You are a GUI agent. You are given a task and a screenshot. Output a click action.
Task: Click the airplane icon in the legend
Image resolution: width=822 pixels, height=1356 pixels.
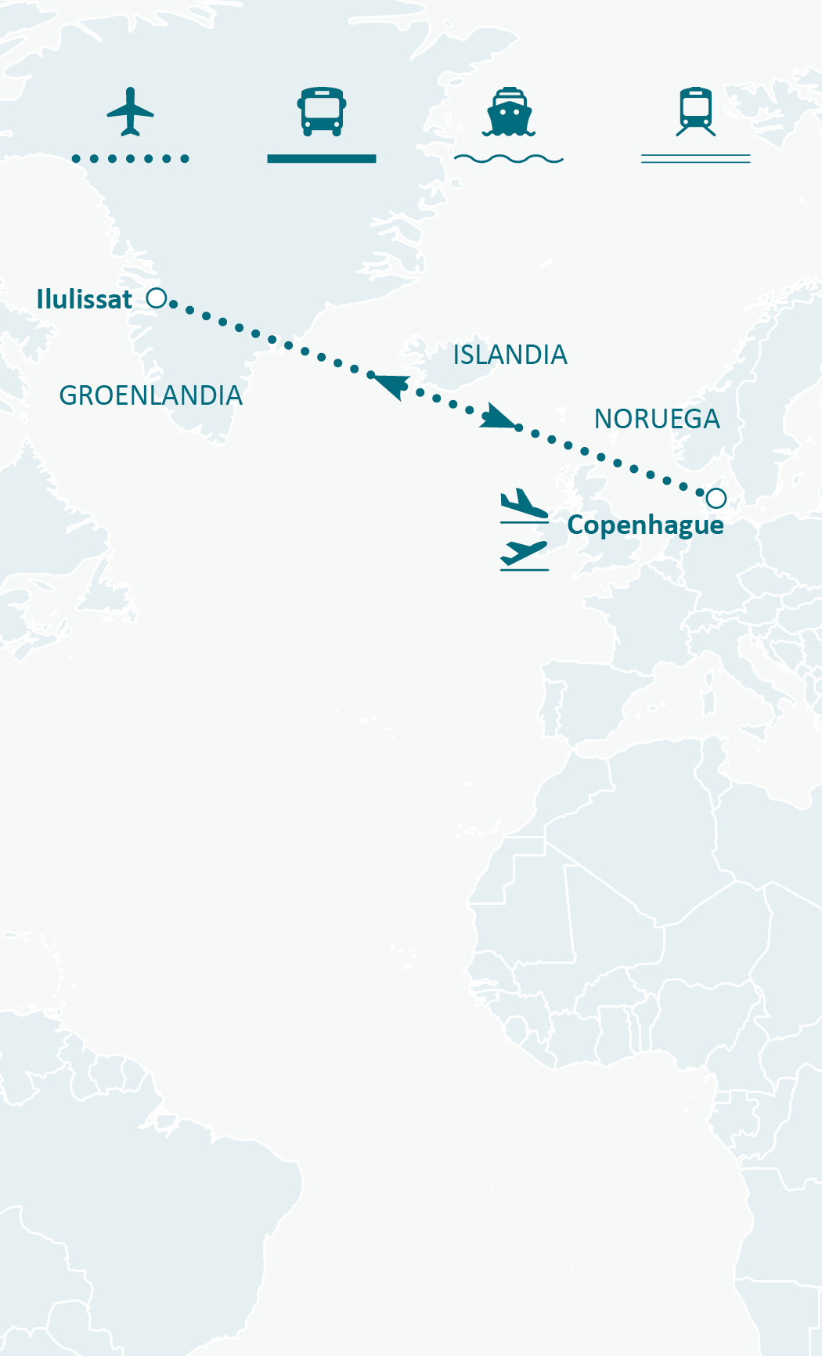point(131,111)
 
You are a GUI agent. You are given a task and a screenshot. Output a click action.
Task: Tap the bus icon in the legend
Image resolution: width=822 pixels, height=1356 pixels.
point(322,111)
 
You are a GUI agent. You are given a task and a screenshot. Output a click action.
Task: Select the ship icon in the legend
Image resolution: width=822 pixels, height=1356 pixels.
point(509,112)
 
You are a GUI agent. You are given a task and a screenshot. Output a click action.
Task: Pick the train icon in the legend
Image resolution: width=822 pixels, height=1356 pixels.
point(696,111)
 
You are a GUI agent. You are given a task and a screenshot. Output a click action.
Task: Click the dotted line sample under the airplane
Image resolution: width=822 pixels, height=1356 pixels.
point(131,159)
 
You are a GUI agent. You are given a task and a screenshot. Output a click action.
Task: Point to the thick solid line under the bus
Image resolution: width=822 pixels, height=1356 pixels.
point(322,159)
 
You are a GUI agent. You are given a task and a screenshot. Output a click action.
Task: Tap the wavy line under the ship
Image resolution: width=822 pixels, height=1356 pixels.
point(509,159)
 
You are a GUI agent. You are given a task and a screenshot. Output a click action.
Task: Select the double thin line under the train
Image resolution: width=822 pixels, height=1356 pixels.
point(696,159)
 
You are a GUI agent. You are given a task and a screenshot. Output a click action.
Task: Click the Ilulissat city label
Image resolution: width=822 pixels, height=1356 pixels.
point(85,299)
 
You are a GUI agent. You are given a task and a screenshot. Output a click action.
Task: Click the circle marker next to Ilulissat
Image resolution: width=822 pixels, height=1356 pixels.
point(157,298)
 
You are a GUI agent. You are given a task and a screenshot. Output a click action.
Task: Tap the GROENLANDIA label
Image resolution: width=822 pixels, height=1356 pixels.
point(151,396)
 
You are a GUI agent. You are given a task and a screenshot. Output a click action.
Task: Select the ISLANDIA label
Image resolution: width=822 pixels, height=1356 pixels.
point(510,355)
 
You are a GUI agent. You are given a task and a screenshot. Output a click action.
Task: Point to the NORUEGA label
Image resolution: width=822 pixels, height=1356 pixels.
point(657,420)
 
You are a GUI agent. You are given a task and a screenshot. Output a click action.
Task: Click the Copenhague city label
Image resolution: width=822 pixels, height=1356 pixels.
point(645,525)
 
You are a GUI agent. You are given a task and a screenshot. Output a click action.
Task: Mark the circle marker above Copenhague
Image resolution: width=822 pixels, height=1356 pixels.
point(716,498)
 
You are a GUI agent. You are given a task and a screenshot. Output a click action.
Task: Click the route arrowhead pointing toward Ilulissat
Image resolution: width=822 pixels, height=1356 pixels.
point(391,384)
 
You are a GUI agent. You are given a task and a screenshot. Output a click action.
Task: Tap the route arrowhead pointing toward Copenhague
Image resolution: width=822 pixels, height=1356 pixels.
point(498,417)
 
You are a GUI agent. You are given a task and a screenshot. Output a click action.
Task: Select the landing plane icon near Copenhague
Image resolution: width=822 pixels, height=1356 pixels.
point(524,505)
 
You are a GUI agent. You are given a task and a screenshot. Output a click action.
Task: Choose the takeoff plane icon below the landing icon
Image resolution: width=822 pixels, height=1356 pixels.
point(524,554)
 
